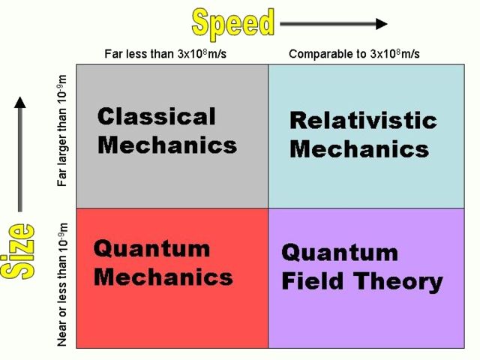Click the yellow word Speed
(x=233, y=22)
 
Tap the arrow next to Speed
(x=334, y=23)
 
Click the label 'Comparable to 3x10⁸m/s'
(x=354, y=54)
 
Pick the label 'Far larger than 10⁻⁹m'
(x=63, y=129)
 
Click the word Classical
(x=156, y=116)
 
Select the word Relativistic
(x=362, y=121)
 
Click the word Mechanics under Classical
(x=166, y=144)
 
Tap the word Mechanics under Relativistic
(x=358, y=148)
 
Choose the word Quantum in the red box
(x=151, y=248)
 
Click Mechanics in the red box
(x=163, y=277)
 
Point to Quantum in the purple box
(x=340, y=253)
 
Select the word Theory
(x=397, y=282)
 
